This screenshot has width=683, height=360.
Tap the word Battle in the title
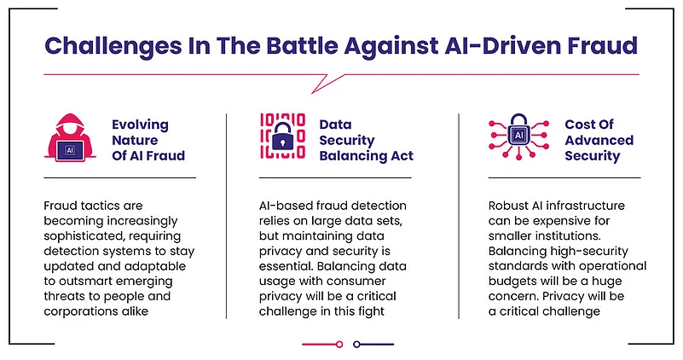tap(303, 46)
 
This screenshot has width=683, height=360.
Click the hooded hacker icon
tap(70, 137)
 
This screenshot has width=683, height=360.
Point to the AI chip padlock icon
tap(518, 136)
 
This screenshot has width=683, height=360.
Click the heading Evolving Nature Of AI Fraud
tap(148, 140)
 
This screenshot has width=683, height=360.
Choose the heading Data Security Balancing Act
tap(366, 140)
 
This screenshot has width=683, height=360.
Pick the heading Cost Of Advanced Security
tap(599, 140)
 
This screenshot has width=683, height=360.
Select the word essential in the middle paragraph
tap(286, 266)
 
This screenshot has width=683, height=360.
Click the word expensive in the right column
tap(561, 222)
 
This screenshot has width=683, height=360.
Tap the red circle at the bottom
tap(339, 345)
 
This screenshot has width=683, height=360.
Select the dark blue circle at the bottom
tap(356, 345)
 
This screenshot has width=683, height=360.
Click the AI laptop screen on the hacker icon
tap(70, 151)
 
